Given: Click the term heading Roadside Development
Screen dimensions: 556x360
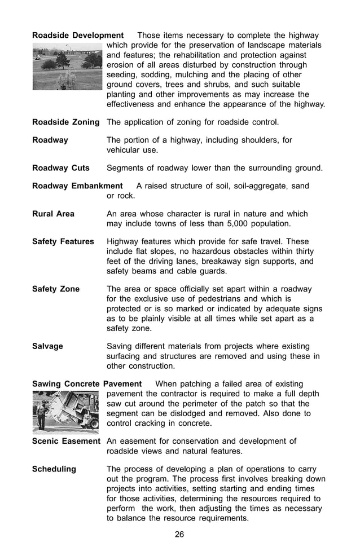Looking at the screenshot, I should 78,36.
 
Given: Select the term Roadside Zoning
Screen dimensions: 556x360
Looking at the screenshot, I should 65,122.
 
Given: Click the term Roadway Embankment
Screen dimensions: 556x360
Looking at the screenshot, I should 77,186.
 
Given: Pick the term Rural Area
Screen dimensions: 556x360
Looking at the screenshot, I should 53,214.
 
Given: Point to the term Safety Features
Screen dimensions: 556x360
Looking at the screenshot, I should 63,241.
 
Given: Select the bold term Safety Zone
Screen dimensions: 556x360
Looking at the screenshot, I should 56,289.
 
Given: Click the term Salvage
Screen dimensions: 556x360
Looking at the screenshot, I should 47,346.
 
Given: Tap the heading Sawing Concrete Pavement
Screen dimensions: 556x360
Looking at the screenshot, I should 87,384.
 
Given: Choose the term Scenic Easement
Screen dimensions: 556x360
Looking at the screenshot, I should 66,441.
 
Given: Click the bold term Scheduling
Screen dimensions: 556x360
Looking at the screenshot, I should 54,469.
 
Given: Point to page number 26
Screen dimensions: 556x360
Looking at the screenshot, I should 179,535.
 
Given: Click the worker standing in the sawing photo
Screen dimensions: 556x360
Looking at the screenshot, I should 41,413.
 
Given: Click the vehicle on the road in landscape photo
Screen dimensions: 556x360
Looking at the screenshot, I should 38,57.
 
